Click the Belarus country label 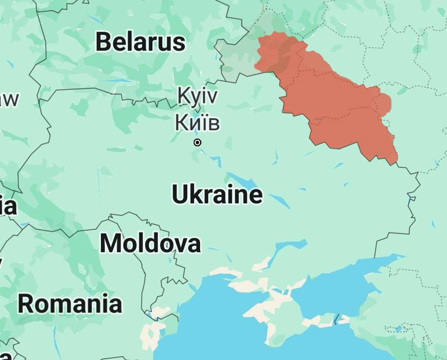[141, 42]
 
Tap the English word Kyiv [197, 96]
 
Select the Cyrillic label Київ [197, 123]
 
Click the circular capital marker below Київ [197, 143]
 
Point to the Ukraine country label [217, 195]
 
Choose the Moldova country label [150, 243]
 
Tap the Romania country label [70, 303]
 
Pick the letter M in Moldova [111, 243]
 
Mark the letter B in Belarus [103, 42]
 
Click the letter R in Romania [28, 303]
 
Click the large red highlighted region [338, 104]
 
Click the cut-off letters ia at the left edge [7, 205]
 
